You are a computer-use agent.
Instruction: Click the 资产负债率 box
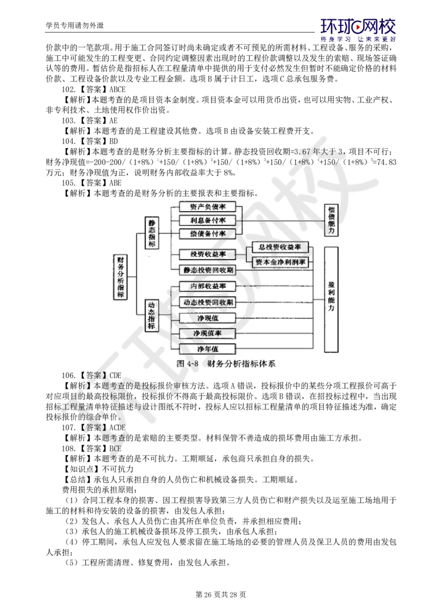coord(208,207)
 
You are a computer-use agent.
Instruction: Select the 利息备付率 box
coord(208,220)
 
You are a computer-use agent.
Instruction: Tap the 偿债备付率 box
coord(208,234)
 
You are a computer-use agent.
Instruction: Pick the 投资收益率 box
coord(208,254)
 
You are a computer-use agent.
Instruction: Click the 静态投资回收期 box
coord(208,269)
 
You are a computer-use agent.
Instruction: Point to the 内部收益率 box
coord(208,286)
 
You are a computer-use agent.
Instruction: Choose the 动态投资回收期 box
coord(208,302)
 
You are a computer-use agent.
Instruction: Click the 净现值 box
coord(208,318)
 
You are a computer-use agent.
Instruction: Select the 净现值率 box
coord(208,332)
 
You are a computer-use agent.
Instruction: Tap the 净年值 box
coord(208,348)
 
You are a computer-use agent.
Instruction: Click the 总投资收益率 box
coord(280,247)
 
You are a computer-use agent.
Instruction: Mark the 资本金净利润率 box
coord(280,262)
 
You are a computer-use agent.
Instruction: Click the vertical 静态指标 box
coord(152,232)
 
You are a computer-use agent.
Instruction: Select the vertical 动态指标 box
coord(152,315)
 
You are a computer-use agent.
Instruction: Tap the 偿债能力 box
coord(331,220)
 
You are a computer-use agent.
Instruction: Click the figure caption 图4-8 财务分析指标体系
coord(227,364)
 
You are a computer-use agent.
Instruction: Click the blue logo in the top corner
coord(359,30)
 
